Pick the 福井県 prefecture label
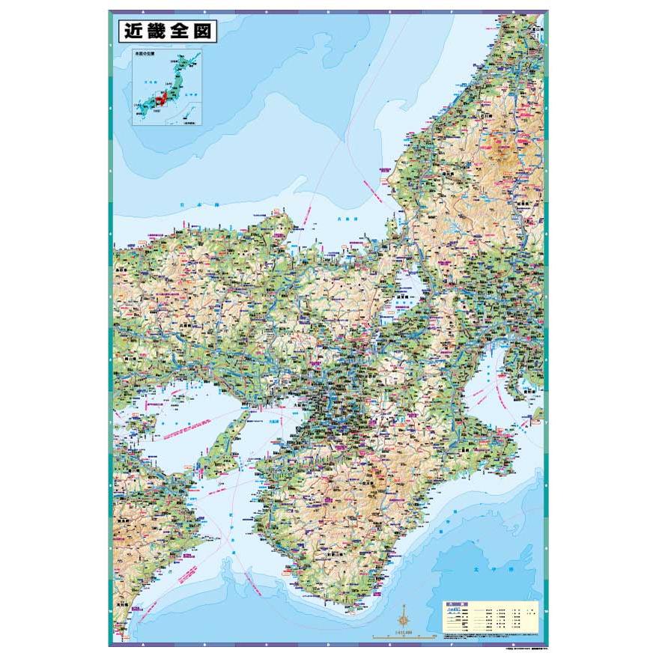(x=449, y=174)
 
